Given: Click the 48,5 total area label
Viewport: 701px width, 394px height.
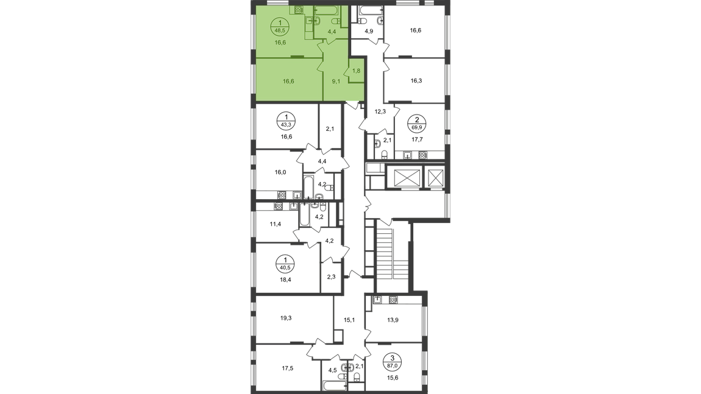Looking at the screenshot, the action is [280, 30].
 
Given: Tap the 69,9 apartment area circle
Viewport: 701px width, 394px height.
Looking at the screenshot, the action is [417, 123].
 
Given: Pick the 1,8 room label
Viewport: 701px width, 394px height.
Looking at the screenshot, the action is [356, 71].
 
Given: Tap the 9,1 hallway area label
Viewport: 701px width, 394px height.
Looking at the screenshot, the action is [336, 82].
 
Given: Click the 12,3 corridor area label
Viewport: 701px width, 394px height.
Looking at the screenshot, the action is [380, 111].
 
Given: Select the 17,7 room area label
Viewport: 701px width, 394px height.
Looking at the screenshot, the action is [417, 139].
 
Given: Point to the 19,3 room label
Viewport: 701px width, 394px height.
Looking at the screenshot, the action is [286, 318].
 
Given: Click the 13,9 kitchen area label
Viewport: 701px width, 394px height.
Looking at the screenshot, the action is [393, 320].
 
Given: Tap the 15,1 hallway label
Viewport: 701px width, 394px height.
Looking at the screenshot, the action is [349, 320].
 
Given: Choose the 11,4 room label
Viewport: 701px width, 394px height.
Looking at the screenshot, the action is [276, 224].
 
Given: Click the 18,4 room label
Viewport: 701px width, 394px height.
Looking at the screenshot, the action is [286, 280].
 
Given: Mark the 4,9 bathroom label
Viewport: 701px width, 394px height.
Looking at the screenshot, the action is [368, 31].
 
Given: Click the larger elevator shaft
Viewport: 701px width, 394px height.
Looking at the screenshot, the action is [403, 177].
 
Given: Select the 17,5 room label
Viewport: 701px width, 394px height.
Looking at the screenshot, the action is [288, 368].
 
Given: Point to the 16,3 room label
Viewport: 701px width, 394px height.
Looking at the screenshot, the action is [416, 81].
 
